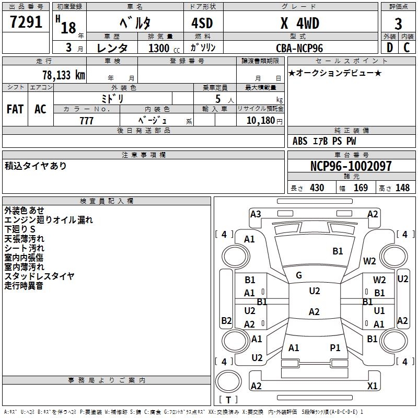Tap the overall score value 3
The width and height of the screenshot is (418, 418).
click(398, 24)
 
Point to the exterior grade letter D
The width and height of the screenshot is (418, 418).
click(389, 47)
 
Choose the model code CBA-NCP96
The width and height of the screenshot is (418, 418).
click(299, 48)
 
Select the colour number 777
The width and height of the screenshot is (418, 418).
click(86, 121)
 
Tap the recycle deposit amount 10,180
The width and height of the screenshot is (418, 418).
click(259, 121)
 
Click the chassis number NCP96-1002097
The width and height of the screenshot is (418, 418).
click(351, 166)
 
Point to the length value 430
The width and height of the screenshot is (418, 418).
click(317, 188)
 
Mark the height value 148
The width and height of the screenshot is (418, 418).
click(402, 188)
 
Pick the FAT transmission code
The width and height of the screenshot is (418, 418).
click(15, 109)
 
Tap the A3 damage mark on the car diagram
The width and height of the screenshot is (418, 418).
click(256, 214)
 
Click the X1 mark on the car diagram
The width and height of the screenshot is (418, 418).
click(372, 386)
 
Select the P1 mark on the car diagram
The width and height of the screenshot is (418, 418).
click(335, 347)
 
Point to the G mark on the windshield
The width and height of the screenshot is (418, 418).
click(299, 275)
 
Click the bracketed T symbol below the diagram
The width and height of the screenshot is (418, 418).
click(228, 400)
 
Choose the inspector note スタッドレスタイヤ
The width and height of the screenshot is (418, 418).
click(40, 276)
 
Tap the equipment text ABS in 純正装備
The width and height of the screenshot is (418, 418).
click(300, 141)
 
